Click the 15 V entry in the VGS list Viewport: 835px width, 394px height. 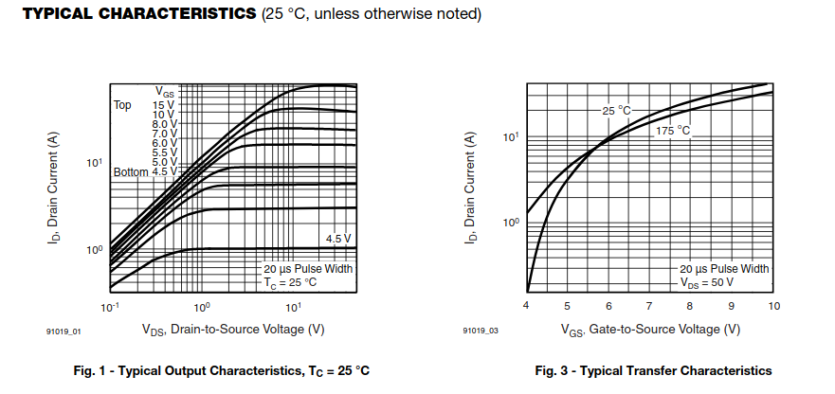coord(163,104)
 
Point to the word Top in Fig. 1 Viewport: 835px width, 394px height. coord(122,104)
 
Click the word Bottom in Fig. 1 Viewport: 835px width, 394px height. coord(130,172)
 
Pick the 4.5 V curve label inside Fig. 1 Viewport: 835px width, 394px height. coord(338,238)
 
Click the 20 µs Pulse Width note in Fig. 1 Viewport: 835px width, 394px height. coord(309,268)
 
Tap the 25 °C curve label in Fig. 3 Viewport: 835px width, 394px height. coord(616,111)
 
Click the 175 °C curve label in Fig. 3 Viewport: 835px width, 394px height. coord(673,131)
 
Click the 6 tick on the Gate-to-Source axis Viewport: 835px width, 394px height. coord(608,306)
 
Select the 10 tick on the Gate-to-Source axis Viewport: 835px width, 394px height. coord(773,306)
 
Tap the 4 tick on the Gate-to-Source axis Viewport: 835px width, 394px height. coord(526,306)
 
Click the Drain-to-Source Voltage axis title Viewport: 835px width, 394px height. coord(233,330)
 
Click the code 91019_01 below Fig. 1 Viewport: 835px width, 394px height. coord(64,331)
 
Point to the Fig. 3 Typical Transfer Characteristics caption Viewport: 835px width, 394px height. coord(653,370)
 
